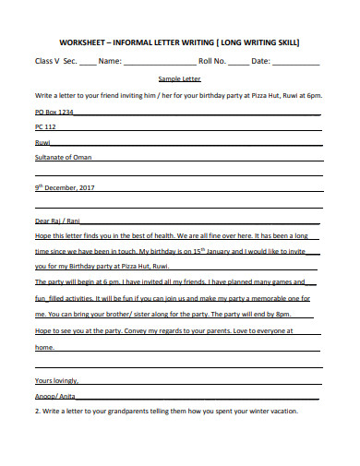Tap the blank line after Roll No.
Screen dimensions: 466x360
237,63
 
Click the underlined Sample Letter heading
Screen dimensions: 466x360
180,80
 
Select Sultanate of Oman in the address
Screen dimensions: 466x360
64,157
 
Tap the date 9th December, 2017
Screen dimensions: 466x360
65,187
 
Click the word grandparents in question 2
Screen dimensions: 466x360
144,412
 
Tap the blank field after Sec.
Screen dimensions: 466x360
87,63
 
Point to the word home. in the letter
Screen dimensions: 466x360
44,347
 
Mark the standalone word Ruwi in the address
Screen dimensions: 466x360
42,142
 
